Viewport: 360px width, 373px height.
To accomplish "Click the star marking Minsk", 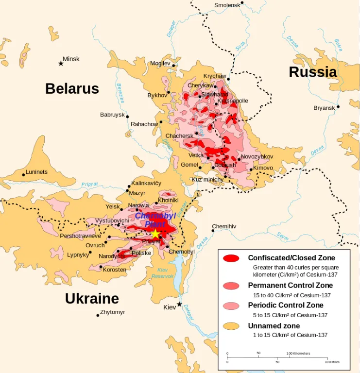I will (x=61, y=64).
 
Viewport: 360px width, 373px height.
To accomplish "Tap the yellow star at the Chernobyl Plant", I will (x=155, y=234).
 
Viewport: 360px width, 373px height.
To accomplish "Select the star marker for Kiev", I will (x=179, y=305).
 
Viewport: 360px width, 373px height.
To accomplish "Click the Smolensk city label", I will (x=227, y=5).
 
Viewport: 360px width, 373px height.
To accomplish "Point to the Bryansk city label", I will (x=324, y=108).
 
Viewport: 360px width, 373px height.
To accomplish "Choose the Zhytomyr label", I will (x=113, y=312).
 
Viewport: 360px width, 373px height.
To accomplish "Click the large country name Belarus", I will (x=72, y=88).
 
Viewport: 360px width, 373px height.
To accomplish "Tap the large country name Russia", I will (x=312, y=72).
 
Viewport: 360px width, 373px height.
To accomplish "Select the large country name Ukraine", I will (x=92, y=298).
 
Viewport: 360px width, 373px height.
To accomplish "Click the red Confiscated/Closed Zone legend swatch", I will (x=231, y=258).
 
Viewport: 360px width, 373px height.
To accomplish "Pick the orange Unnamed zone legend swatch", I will (x=231, y=326).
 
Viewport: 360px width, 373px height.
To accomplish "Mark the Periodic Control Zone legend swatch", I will (x=231, y=305).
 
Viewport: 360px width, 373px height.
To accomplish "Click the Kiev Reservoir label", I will (x=163, y=273).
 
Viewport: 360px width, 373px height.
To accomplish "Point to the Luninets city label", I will (x=37, y=172).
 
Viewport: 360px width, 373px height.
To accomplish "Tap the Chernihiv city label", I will (x=224, y=226).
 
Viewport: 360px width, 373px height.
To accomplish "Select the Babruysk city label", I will (x=112, y=115).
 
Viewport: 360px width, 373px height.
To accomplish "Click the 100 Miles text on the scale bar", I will (x=333, y=362).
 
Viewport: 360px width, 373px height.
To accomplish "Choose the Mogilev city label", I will (x=160, y=63).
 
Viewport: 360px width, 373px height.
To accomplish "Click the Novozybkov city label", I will (x=257, y=157).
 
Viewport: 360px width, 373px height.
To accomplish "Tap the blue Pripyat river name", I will (x=89, y=184).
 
